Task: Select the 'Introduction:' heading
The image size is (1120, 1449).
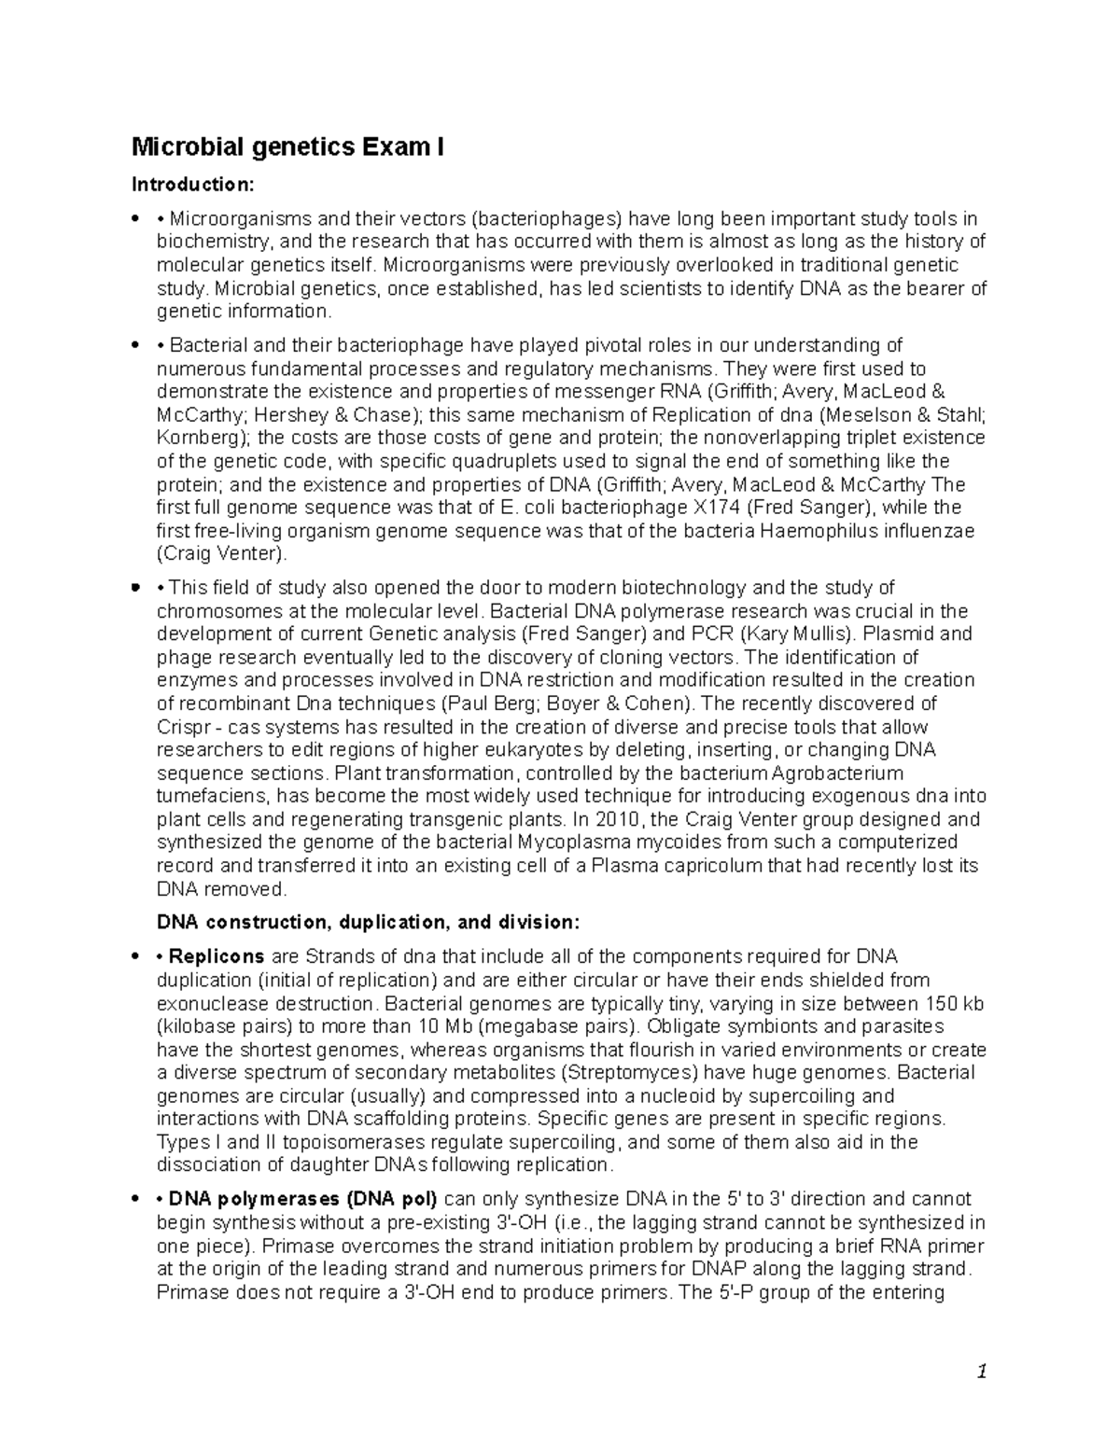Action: click(x=191, y=184)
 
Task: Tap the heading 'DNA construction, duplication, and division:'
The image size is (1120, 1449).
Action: click(x=368, y=923)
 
